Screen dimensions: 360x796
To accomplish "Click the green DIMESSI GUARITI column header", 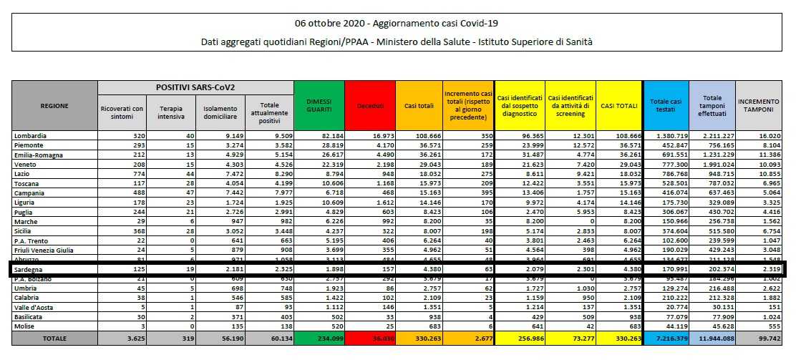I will (x=319, y=105).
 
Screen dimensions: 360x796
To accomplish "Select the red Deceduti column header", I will (x=369, y=106).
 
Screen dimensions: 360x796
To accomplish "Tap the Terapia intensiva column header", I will (x=170, y=112).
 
